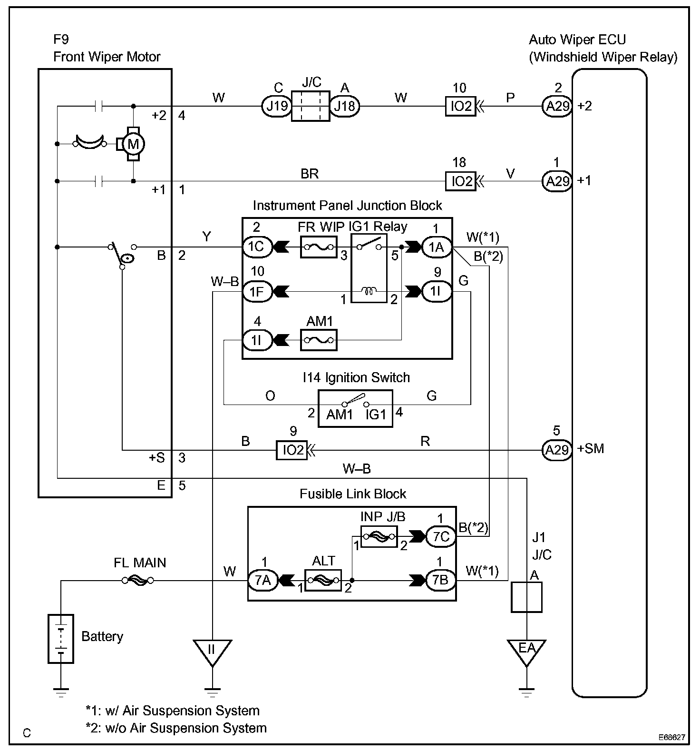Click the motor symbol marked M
(133, 143)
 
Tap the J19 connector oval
(276, 106)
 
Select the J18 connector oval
(345, 106)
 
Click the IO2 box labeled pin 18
(460, 181)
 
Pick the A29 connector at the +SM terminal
(556, 449)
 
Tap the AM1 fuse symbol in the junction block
(319, 340)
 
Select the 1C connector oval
(257, 247)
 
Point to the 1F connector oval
(257, 291)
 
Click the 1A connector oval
(437, 247)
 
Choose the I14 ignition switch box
(355, 408)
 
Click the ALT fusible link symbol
(323, 581)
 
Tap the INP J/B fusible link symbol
(379, 537)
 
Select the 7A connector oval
(262, 581)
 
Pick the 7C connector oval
(441, 537)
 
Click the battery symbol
(61, 639)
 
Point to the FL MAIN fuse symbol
(137, 581)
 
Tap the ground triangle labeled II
(212, 651)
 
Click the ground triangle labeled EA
(526, 651)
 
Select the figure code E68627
(671, 737)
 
